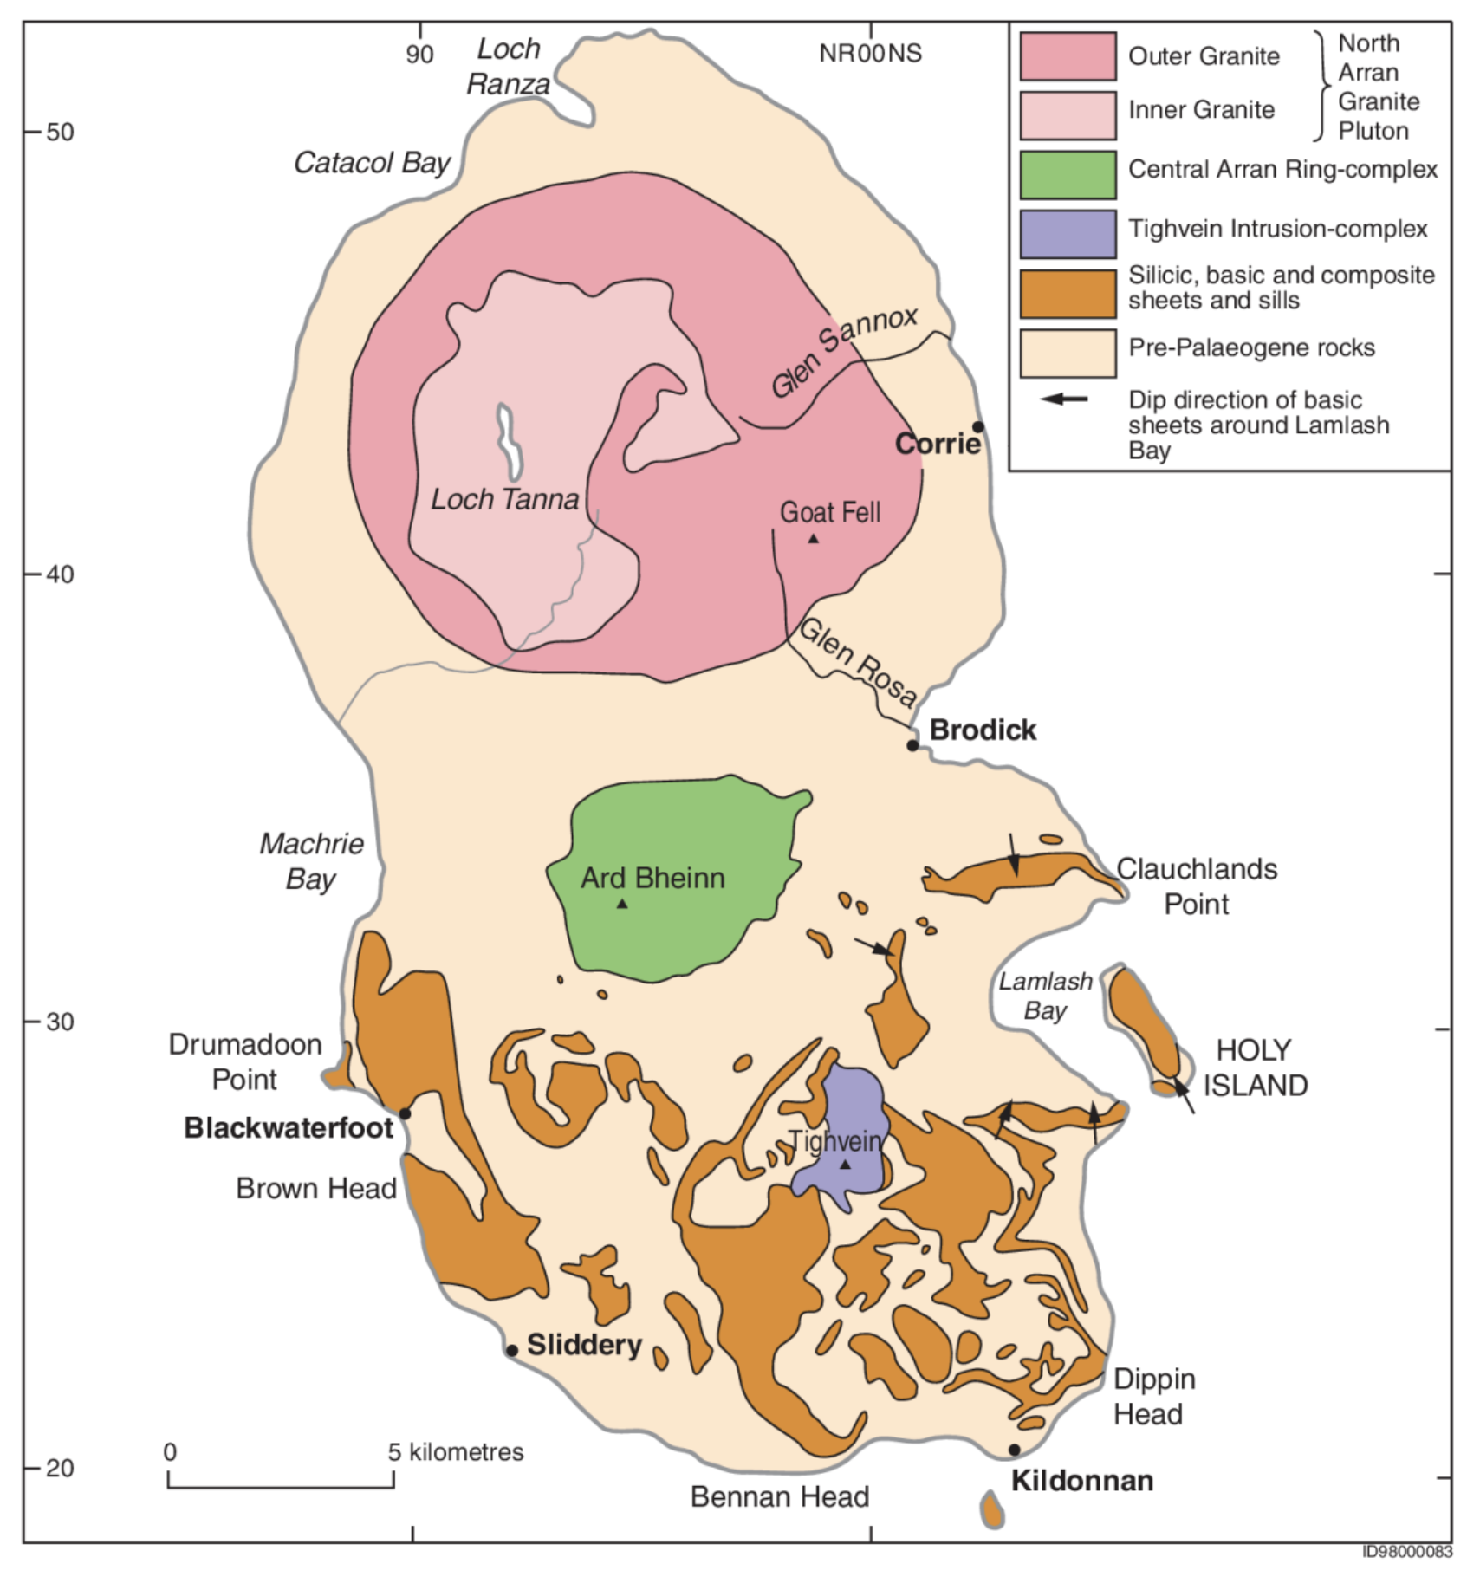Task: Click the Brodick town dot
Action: point(912,745)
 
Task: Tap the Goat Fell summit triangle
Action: point(813,539)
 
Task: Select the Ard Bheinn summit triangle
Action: point(621,904)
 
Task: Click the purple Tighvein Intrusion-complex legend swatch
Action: point(1068,234)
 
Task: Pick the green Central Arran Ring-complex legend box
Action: point(1068,175)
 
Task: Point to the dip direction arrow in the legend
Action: point(1064,399)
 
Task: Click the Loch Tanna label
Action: point(505,499)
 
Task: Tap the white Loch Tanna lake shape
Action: point(509,442)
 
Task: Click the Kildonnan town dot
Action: point(1014,1450)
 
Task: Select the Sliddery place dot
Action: point(511,1350)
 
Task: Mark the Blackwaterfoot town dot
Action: point(405,1113)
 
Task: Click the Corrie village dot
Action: point(978,426)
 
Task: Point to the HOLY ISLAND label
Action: point(1255,1068)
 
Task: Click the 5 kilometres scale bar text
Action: point(456,1451)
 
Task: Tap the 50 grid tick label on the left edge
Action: point(60,132)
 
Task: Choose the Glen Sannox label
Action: point(843,352)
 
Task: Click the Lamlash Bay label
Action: point(1045,996)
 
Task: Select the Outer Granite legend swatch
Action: point(1068,56)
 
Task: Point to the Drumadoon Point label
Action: point(245,1061)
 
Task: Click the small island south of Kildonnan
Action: point(993,1510)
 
